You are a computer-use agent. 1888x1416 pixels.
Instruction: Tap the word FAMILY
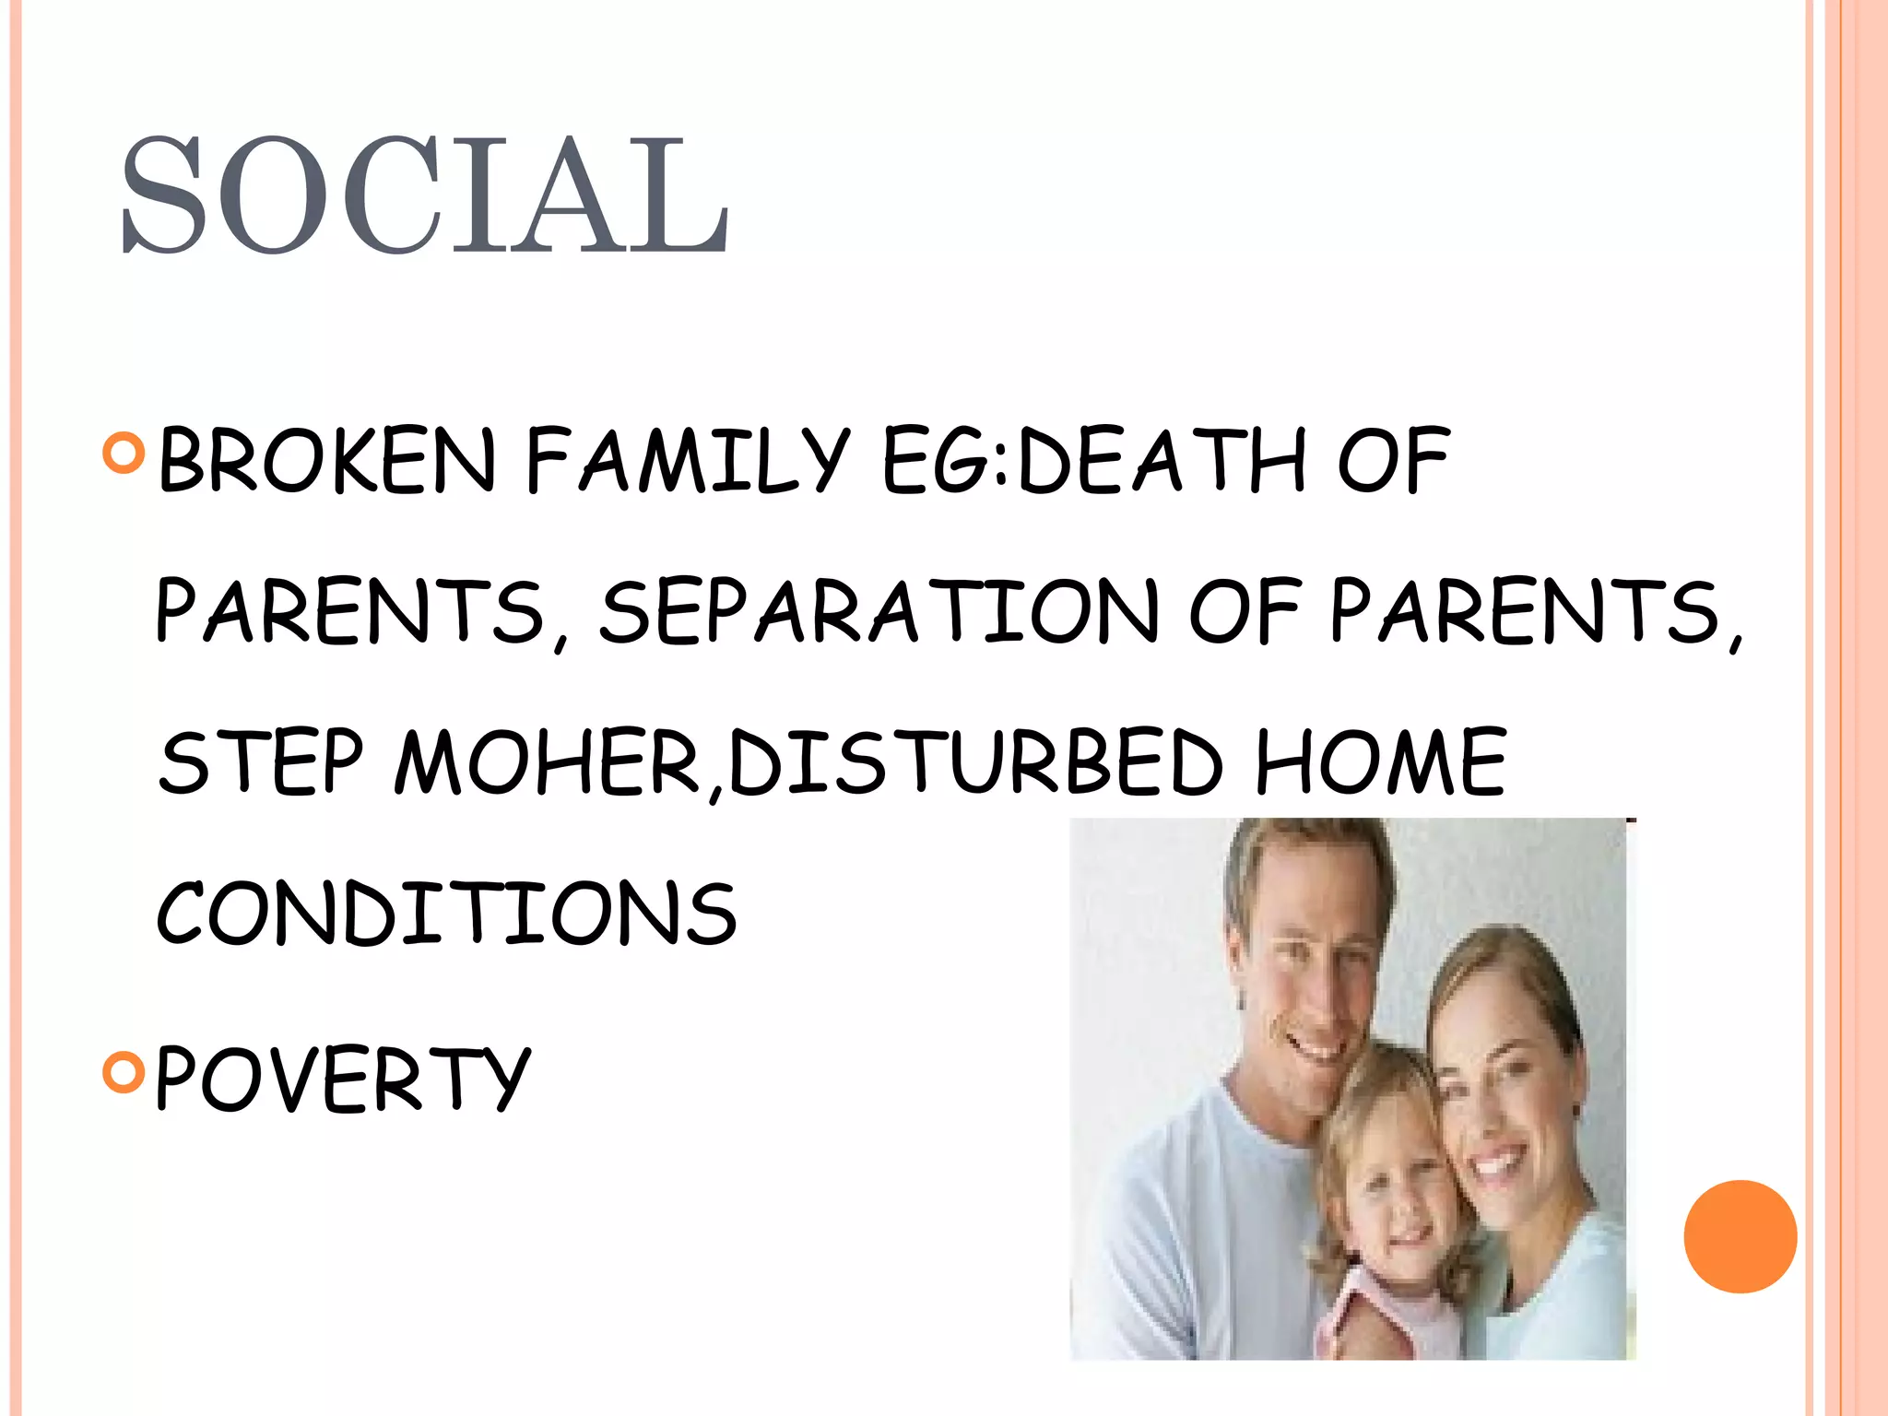[x=687, y=460]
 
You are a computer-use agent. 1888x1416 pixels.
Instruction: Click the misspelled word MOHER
[x=549, y=762]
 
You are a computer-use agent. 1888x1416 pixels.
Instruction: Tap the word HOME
[x=1380, y=762]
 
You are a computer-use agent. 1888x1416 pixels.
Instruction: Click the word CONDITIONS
[x=447, y=913]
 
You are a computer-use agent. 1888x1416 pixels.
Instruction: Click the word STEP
[x=261, y=762]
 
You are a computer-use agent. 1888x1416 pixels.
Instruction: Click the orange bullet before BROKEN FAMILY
[x=124, y=454]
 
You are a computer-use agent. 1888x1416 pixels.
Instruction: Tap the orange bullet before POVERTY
[x=124, y=1071]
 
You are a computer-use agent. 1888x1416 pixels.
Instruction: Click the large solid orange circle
[x=1740, y=1236]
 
